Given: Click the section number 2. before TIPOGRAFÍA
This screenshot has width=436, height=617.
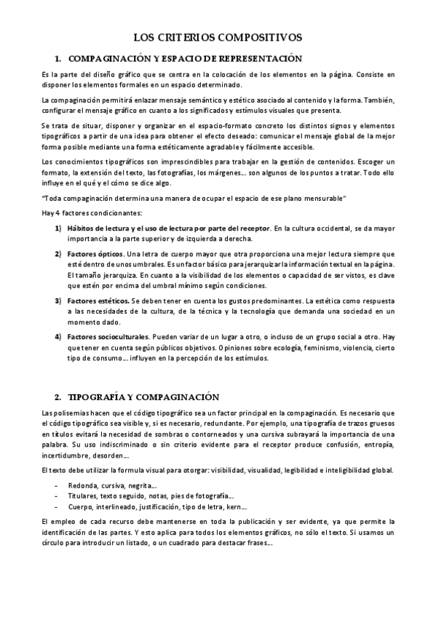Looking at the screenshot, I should (x=58, y=397).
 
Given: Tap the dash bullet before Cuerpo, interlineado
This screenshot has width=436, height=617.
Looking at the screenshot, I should (x=57, y=507).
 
